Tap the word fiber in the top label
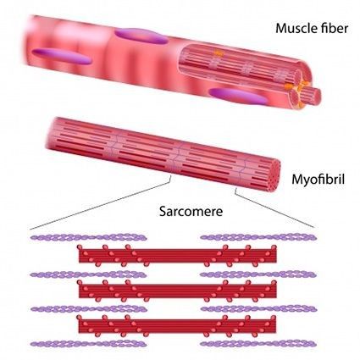point(333,28)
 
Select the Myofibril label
point(318,180)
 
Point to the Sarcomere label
point(191,211)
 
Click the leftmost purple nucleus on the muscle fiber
point(62,56)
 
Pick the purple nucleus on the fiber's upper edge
point(141,36)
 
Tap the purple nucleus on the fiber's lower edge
point(237,96)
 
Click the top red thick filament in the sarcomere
point(177,255)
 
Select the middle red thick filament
point(177,291)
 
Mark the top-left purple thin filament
point(89,237)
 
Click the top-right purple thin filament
point(258,237)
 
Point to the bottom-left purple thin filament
point(89,344)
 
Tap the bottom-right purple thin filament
point(258,344)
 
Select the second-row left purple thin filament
point(89,274)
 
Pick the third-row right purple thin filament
point(258,309)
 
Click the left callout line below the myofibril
point(100,202)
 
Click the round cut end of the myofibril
point(273,175)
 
